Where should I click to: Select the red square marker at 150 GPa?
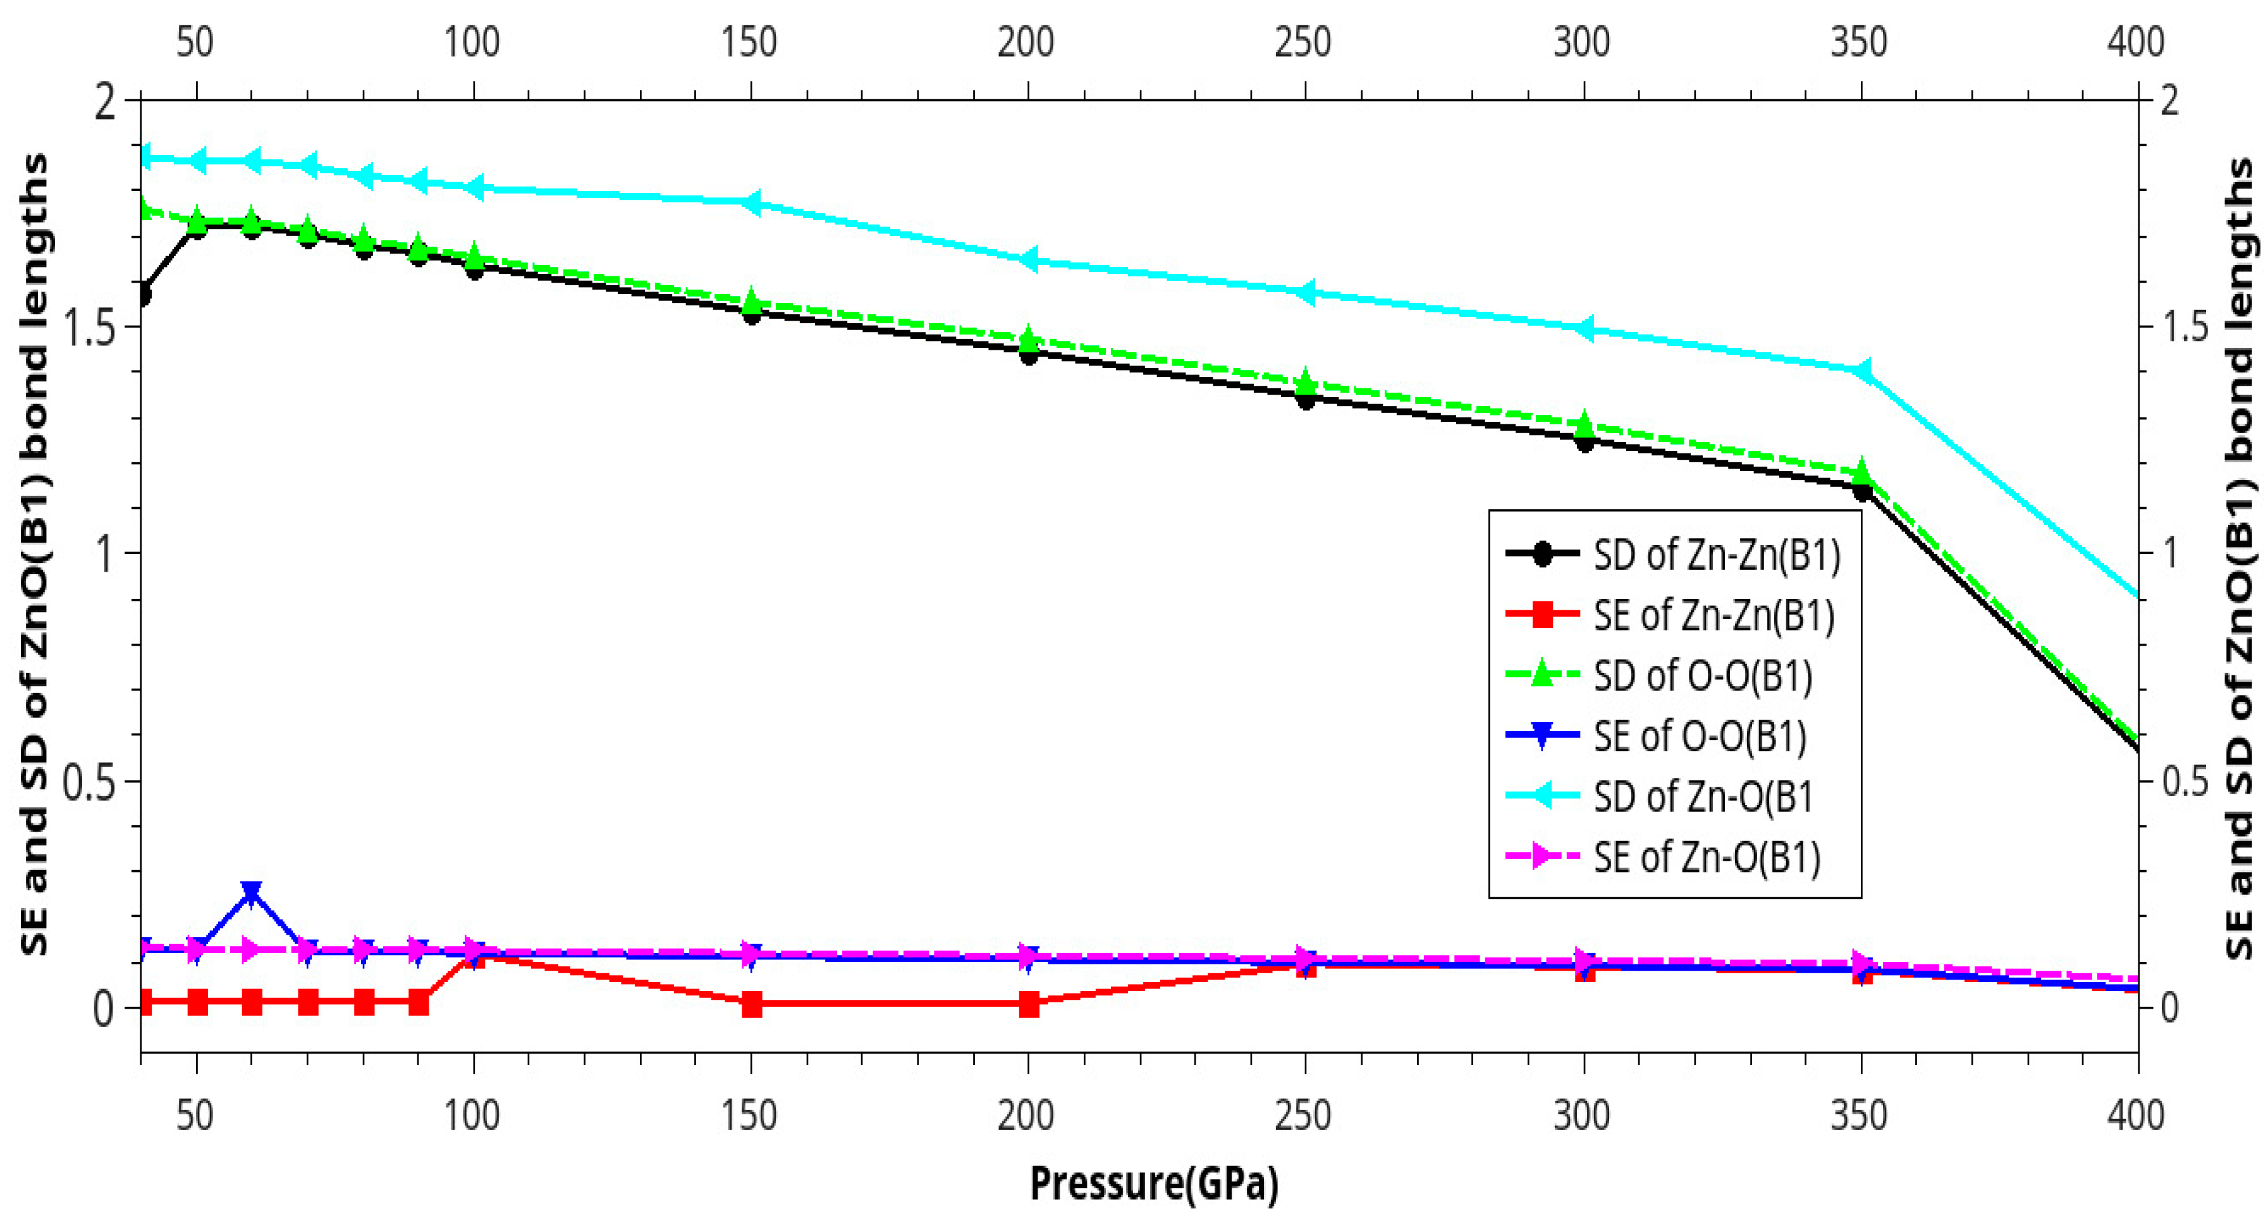(751, 1004)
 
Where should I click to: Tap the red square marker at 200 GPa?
(1028, 1004)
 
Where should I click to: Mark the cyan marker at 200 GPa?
(1028, 260)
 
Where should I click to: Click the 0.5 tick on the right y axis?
(2182, 781)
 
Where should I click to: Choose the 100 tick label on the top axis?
(472, 42)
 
